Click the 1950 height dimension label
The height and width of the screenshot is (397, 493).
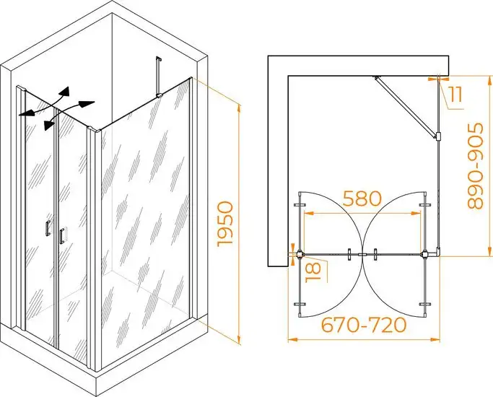[225, 224]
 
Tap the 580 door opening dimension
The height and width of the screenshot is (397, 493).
[362, 198]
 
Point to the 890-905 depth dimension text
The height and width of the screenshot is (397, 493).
[475, 166]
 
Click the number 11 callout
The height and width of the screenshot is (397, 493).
[455, 95]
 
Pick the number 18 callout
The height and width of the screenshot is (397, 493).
[313, 272]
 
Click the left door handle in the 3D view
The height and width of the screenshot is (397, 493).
[48, 227]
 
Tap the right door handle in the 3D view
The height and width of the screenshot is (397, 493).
[61, 235]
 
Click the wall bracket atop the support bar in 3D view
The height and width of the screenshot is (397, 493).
[159, 58]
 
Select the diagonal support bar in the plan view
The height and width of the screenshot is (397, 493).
[407, 107]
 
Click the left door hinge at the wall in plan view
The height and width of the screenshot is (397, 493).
[300, 253]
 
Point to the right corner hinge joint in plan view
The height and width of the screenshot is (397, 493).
[425, 253]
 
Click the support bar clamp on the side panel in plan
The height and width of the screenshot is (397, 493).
[437, 136]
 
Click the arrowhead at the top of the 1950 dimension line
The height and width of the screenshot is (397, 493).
[239, 108]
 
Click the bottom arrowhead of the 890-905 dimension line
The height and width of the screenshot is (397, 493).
[489, 251]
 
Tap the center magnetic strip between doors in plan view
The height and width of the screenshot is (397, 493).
[363, 254]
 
